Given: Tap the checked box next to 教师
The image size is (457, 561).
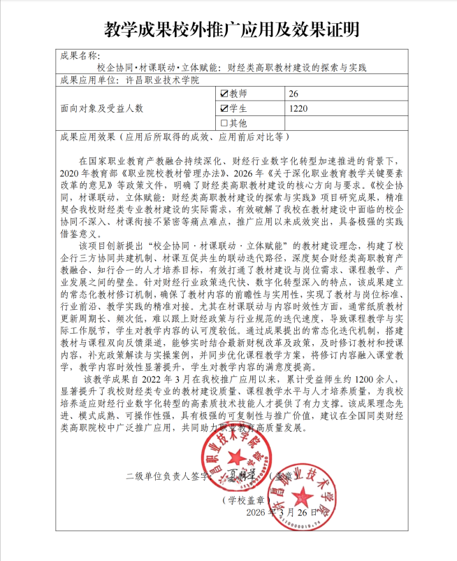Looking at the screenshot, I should [224, 94].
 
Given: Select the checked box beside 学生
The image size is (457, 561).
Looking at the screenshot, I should [224, 108].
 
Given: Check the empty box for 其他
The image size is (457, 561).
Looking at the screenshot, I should [224, 123].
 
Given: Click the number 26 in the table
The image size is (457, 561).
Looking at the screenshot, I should [293, 94].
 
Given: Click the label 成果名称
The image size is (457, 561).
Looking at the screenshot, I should [80, 55].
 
